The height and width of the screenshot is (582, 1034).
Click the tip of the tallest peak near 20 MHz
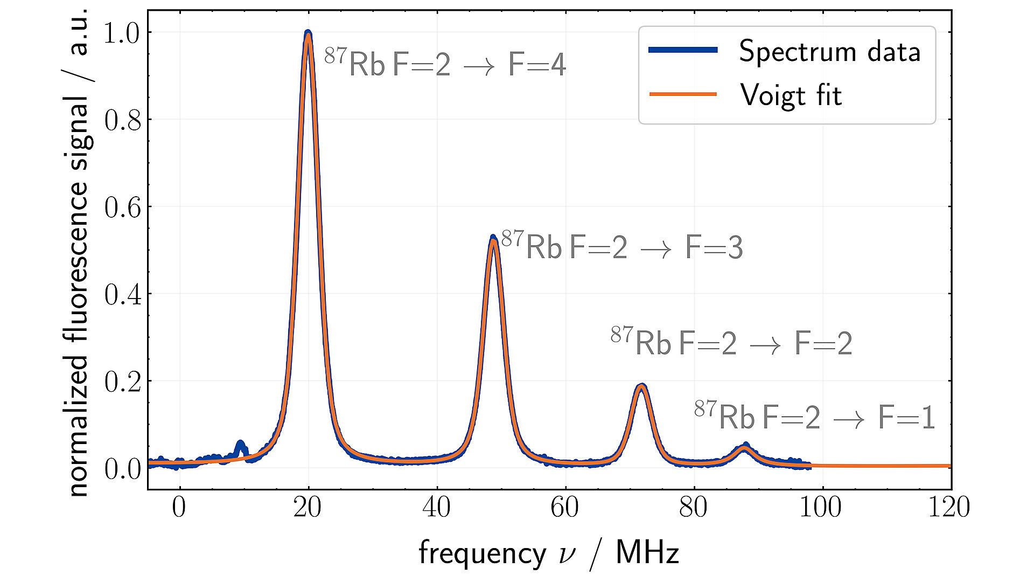[308, 33]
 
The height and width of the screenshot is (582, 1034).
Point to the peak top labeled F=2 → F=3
[493, 238]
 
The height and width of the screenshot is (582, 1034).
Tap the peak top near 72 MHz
[641, 386]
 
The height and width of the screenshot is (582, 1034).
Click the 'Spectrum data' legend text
[829, 52]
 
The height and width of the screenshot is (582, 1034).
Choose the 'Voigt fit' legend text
[791, 95]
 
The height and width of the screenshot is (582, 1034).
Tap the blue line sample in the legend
[683, 50]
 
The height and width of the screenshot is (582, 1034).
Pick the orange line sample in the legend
[683, 94]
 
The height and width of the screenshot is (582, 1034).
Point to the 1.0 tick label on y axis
[121, 33]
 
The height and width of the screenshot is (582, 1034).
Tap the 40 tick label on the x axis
[436, 507]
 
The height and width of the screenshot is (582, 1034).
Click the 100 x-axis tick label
[820, 507]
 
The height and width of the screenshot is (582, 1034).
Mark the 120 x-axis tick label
[948, 507]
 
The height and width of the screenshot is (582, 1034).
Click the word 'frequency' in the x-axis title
[482, 553]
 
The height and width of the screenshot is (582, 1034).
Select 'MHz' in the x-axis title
[647, 553]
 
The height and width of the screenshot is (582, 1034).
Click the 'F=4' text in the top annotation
[537, 65]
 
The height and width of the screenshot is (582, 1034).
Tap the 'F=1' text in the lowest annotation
[906, 418]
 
